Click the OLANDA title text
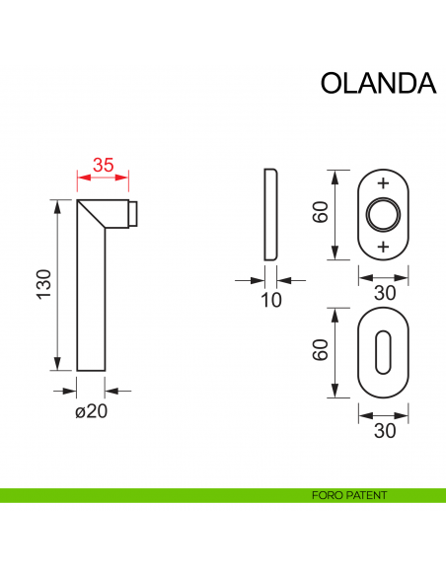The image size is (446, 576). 378,84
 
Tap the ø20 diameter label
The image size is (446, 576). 91,411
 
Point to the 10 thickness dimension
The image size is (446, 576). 271,300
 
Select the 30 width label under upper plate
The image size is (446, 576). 383,293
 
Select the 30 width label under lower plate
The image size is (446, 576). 383,430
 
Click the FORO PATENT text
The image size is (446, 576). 346,495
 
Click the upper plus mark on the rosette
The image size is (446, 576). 383,184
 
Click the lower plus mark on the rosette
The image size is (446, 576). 383,245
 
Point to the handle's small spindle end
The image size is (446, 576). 136,212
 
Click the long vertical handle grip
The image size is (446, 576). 91,306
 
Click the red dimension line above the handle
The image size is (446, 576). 104,179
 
